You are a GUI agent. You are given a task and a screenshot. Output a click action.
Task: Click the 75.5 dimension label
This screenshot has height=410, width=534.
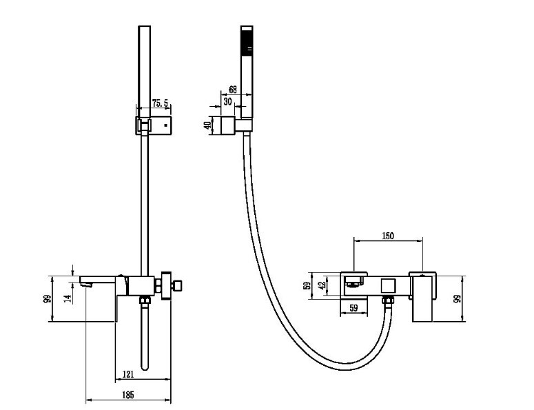[x=160, y=103]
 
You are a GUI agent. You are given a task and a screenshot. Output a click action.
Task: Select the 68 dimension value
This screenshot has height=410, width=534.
[x=233, y=90]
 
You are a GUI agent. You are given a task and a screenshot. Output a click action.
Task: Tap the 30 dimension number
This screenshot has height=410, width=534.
[x=227, y=101]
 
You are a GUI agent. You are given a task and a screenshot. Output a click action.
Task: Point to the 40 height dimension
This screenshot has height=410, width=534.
[x=207, y=125]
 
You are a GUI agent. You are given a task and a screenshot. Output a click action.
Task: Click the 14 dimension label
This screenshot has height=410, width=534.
[x=68, y=298]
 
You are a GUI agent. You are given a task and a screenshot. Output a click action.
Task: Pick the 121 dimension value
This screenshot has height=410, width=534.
[x=127, y=374]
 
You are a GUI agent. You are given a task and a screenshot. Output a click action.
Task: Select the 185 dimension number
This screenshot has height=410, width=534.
[x=127, y=395]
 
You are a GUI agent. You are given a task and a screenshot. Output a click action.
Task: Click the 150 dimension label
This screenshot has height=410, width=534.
[x=387, y=236]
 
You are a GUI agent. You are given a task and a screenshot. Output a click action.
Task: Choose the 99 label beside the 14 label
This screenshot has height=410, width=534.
[x=48, y=298]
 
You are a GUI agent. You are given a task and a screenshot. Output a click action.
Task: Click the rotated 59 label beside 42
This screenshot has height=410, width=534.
[x=307, y=285]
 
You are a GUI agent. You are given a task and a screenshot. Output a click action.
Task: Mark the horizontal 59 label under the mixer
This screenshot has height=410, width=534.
[x=353, y=308]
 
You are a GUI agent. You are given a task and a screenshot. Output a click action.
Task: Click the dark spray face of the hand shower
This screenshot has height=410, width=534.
[x=247, y=41]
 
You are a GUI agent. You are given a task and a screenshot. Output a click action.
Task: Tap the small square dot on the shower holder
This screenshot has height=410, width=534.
[x=165, y=125]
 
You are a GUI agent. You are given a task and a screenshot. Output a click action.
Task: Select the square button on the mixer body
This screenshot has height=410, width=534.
[x=388, y=286]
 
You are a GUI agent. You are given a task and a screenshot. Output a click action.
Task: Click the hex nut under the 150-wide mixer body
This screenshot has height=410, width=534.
[x=387, y=300]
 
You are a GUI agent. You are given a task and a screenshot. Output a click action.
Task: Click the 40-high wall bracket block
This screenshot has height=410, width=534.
[x=228, y=125]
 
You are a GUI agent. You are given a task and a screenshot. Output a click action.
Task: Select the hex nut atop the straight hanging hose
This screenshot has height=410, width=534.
[x=145, y=300]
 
